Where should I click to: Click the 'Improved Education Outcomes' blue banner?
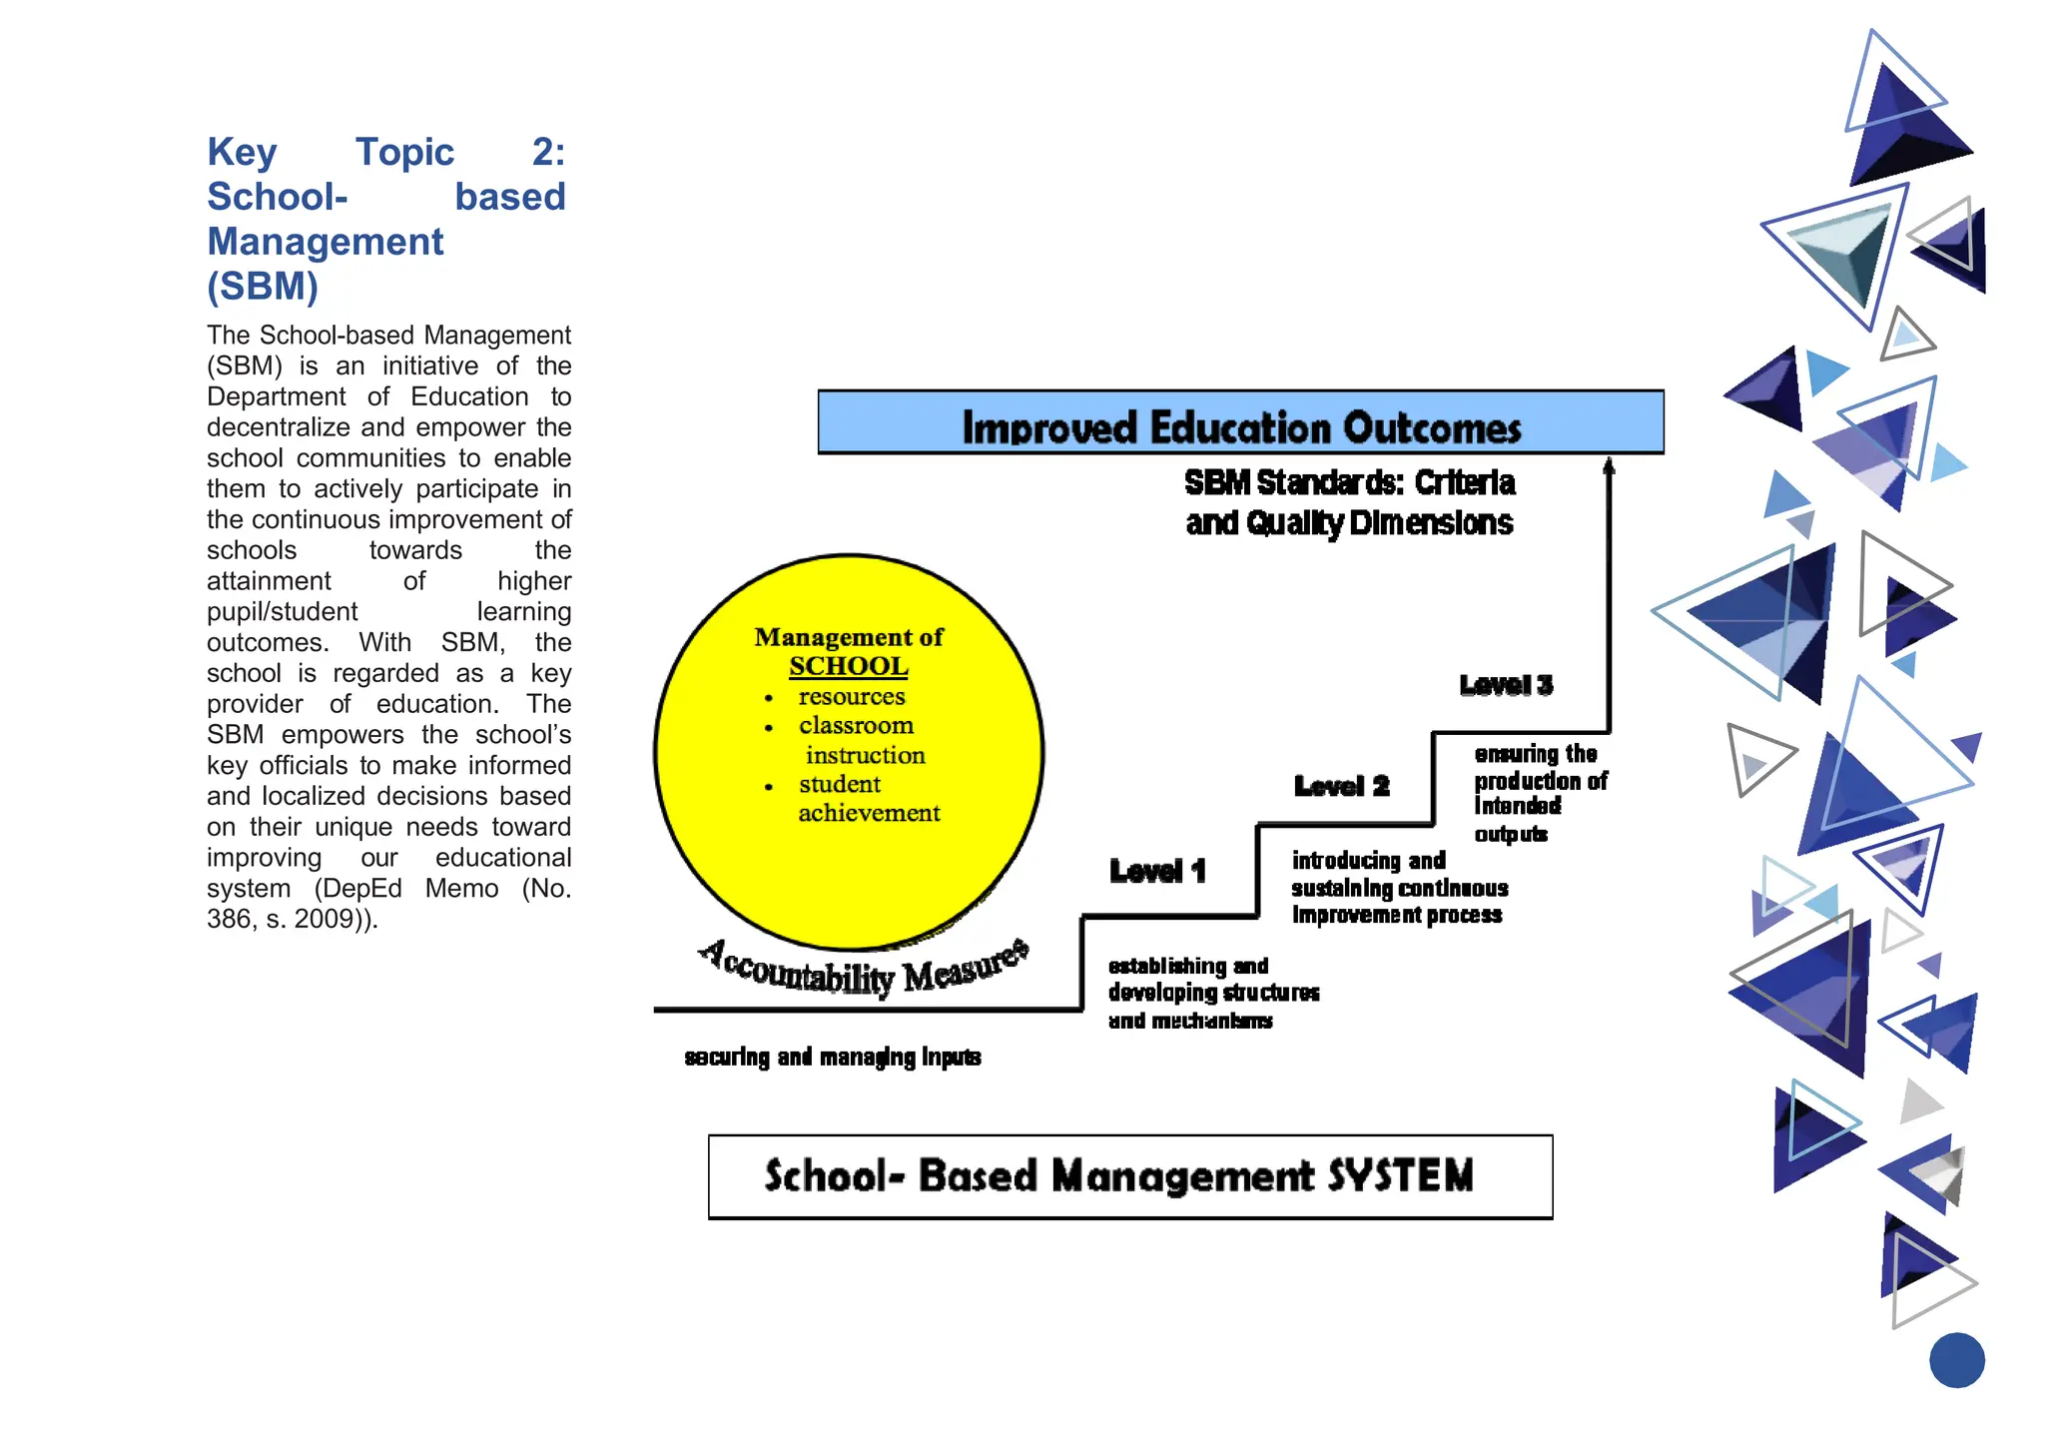point(1240,423)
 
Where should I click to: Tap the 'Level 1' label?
point(1157,872)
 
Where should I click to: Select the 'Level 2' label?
point(1341,787)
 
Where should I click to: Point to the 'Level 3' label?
point(1506,685)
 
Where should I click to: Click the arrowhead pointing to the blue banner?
point(1609,466)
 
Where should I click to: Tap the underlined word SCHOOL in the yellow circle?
point(849,666)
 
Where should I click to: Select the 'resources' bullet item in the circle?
point(852,696)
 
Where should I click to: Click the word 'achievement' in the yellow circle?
point(869,813)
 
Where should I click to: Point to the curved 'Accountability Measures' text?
point(864,968)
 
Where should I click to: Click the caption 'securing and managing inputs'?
point(833,1057)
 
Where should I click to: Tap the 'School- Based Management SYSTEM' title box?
point(1129,1176)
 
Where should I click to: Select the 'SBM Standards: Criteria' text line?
point(1349,483)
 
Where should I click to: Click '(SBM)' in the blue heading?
point(263,287)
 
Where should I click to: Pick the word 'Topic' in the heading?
point(404,152)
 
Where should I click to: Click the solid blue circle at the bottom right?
point(1956,1360)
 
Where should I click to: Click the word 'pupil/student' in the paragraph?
point(282,611)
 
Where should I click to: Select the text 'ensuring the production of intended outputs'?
point(1539,793)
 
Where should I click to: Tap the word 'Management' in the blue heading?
point(325,242)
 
